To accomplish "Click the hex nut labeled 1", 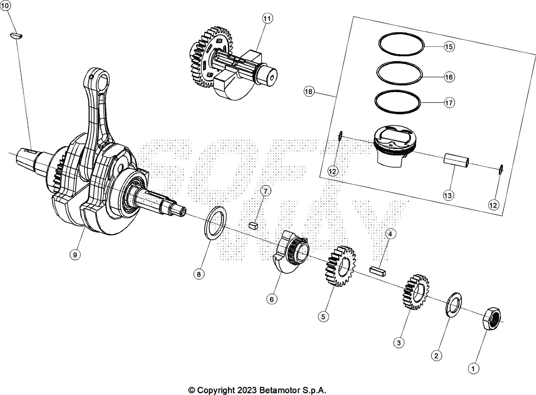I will coord(492,319).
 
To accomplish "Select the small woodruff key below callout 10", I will coord(16,36).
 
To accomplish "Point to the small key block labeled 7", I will coord(253,226).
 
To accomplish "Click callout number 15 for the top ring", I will coord(449,47).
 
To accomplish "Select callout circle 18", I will coord(308,92).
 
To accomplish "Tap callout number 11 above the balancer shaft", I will coord(267,18).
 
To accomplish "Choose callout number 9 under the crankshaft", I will coord(75,255).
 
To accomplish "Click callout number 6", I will coord(271,299).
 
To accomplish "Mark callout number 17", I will coord(449,103).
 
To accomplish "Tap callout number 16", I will coord(449,77).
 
